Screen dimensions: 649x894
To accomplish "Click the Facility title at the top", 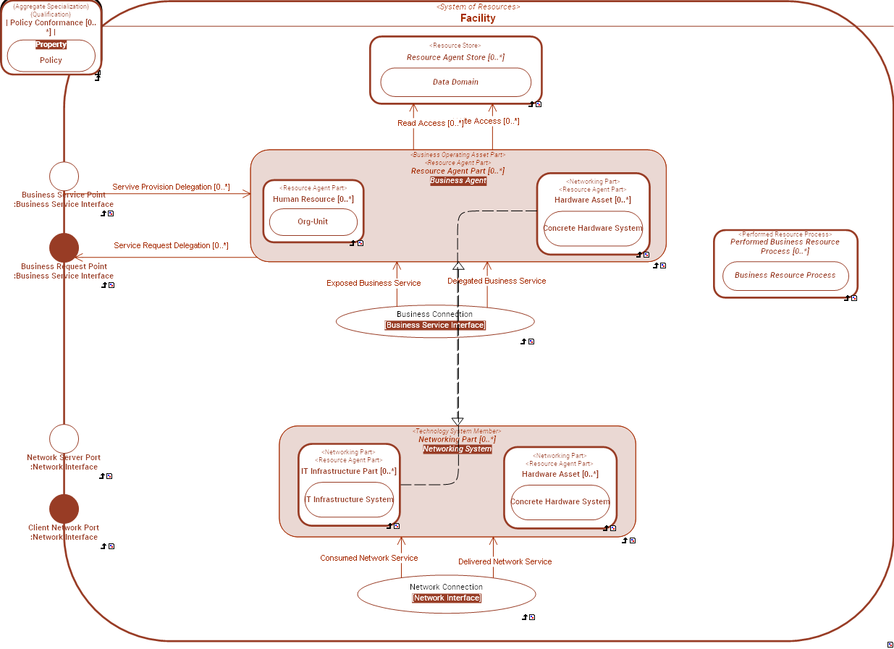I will click(478, 18).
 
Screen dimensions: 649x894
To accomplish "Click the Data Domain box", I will click(455, 82).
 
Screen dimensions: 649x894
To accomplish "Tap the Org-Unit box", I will click(313, 221).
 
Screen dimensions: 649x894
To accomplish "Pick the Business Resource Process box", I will click(785, 275).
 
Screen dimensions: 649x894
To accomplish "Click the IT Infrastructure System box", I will click(349, 499).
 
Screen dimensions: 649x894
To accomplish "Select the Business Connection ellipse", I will click(435, 321).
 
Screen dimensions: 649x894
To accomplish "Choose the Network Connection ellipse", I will click(446, 593).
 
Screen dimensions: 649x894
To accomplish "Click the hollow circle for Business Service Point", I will click(64, 177).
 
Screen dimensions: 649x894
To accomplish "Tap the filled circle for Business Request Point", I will click(64, 247).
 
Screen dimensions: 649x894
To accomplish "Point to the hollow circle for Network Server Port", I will click(64, 439).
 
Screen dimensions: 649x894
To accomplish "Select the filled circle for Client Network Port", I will click(64, 509).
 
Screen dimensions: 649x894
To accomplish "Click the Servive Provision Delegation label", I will click(171, 187).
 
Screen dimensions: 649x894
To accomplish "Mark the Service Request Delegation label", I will click(171, 245).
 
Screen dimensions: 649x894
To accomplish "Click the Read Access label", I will click(430, 123).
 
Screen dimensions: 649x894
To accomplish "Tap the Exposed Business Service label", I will click(373, 283).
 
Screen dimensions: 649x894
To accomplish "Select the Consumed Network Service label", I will click(368, 558).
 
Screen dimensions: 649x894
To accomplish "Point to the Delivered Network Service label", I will click(505, 561).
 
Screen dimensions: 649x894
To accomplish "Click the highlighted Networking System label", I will click(457, 449).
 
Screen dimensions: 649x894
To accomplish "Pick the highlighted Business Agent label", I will click(457, 180).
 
